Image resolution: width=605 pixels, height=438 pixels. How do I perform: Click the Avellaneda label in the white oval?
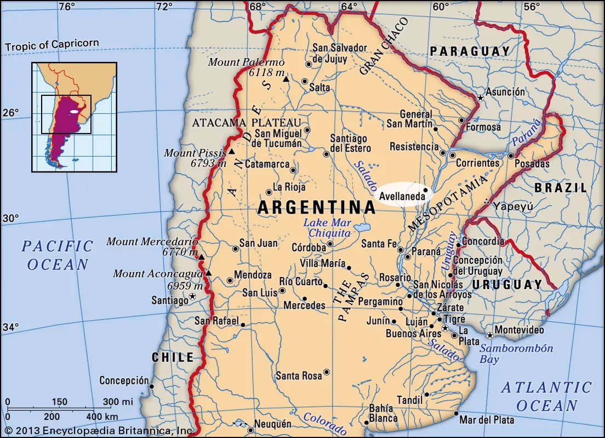coord(401,194)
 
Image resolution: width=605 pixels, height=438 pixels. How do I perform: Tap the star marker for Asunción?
coord(481,98)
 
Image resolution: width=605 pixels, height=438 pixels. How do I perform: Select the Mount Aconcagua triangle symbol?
coord(209,273)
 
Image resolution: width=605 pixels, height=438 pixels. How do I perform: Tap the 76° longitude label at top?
coord(67,7)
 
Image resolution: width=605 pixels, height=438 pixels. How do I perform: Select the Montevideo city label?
coord(519,330)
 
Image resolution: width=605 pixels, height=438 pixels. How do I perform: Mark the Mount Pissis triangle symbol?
coord(232,152)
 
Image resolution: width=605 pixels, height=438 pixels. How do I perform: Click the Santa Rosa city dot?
coord(327,372)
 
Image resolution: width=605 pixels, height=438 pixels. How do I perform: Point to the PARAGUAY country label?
coord(470,51)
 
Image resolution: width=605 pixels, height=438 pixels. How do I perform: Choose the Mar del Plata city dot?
coord(456,414)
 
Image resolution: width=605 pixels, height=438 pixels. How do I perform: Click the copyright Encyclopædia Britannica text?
coord(98,431)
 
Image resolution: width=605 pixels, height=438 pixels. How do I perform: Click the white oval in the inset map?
coord(74,112)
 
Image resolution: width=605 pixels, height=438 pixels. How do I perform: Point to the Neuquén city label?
coord(272,424)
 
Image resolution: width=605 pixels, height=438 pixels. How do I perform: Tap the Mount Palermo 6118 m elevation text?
coord(265,73)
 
